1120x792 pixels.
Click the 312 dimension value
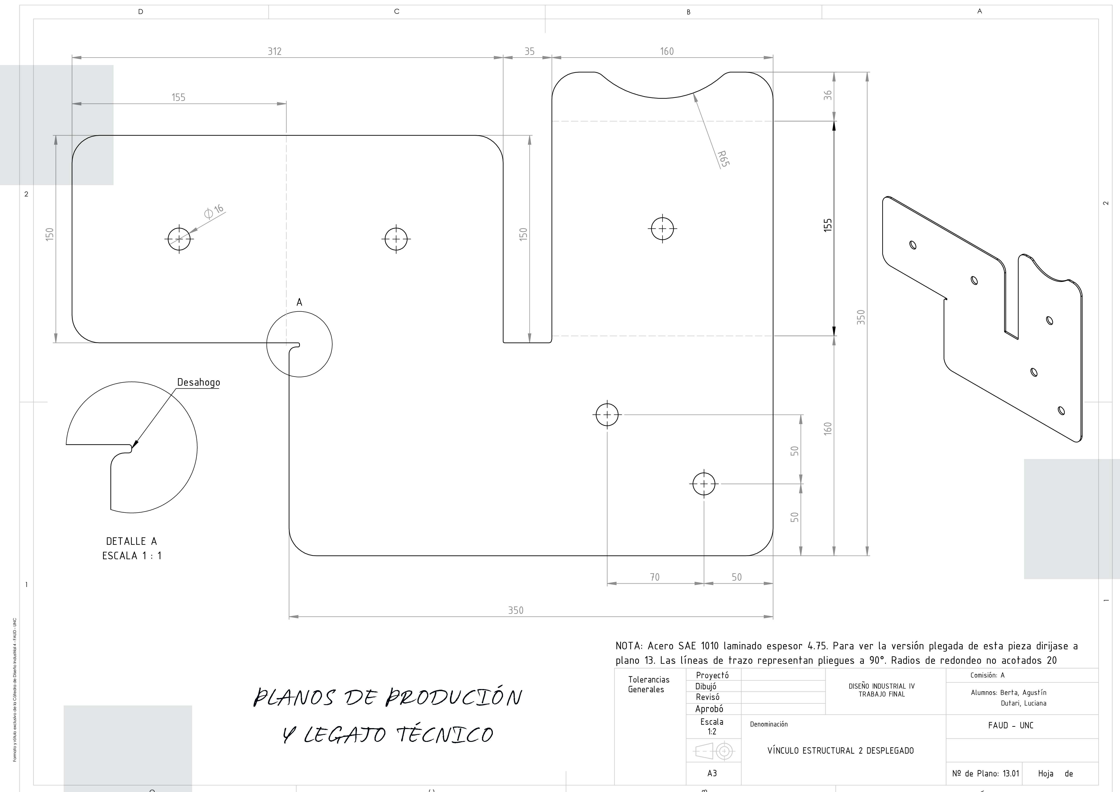(275, 51)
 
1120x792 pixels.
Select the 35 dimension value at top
(529, 51)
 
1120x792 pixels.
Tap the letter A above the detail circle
(299, 302)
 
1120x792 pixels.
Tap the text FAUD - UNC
(1011, 725)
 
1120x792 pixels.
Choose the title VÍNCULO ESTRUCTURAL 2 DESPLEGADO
(841, 750)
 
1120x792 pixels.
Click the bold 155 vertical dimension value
(828, 225)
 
